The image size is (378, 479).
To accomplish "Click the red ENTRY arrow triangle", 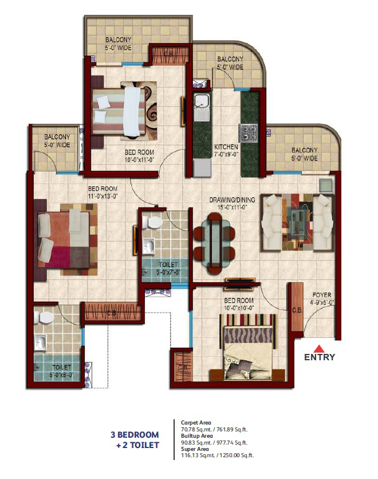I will click(x=319, y=348).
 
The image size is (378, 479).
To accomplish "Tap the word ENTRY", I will click(x=319, y=357).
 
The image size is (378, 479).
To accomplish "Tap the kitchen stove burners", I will click(x=249, y=133).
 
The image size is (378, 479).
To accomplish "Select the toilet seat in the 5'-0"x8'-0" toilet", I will click(x=45, y=317).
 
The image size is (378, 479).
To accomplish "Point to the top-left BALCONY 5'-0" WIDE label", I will click(x=120, y=44).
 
